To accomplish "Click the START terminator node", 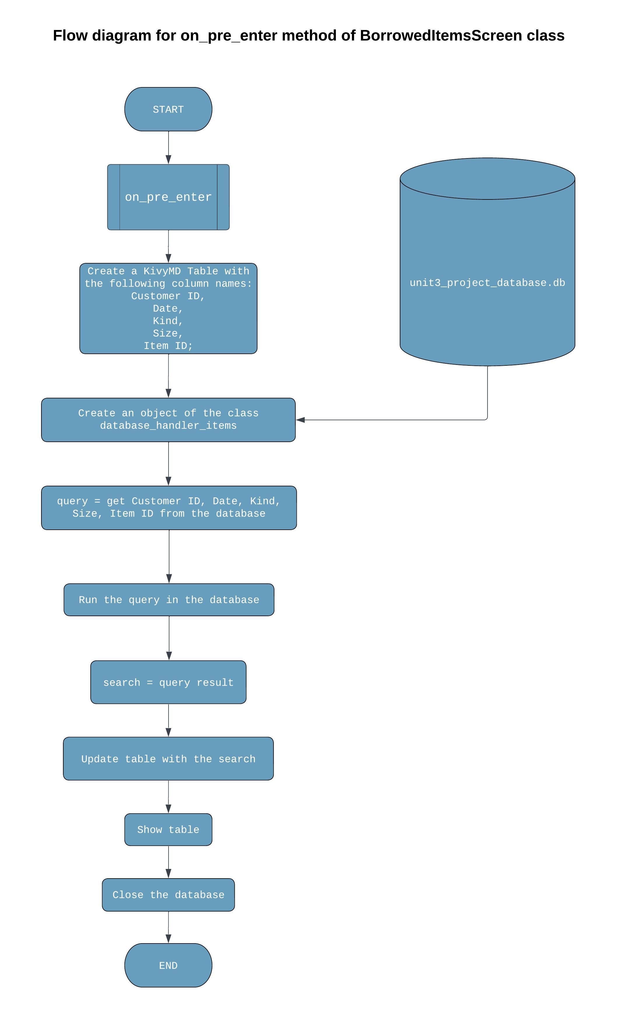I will (168, 109).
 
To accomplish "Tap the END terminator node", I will (168, 965).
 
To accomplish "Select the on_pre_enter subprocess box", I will (168, 197).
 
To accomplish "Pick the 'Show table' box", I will (168, 829).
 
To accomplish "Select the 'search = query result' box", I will (168, 682).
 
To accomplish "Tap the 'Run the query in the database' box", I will (169, 600).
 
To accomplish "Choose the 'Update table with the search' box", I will (168, 759).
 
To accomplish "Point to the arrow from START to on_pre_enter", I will (168, 147).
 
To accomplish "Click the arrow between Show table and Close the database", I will (168, 862).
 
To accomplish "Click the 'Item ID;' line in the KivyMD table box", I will (168, 346).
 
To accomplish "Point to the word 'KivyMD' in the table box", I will (162, 271).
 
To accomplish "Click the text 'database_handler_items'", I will (168, 425).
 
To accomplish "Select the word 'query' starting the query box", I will (72, 501).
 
